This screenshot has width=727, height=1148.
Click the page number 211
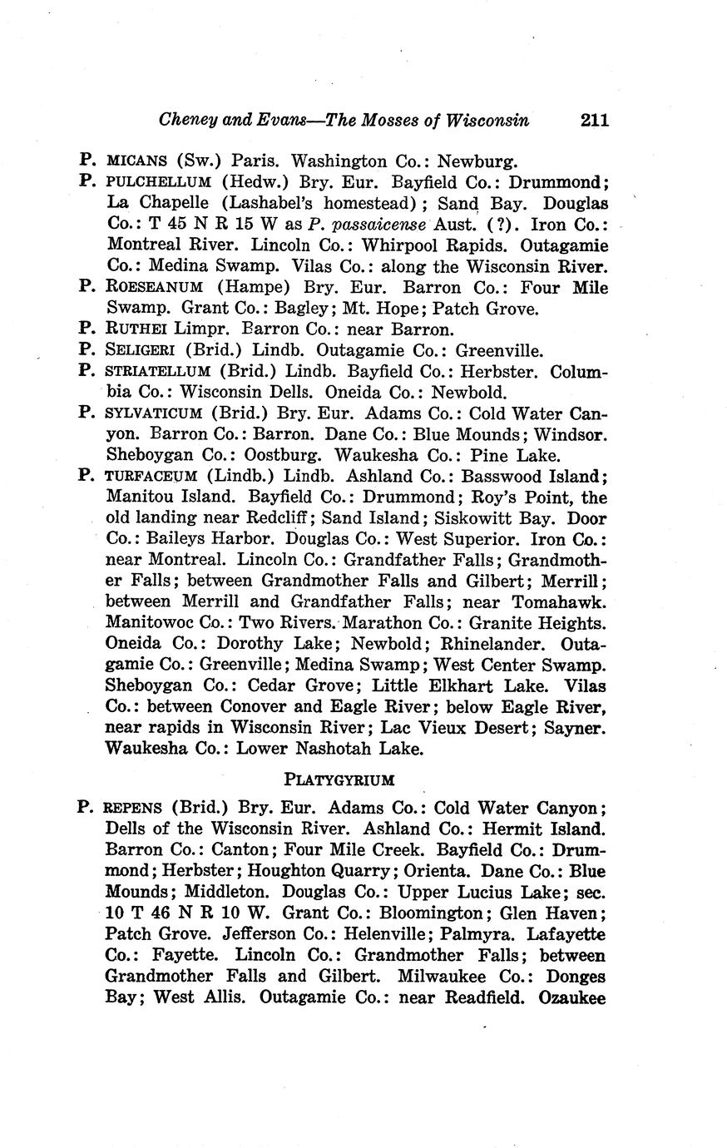tap(595, 120)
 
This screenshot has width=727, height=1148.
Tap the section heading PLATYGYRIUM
tap(339, 779)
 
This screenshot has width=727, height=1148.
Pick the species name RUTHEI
tap(137, 329)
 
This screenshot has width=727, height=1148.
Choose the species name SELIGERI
tap(142, 350)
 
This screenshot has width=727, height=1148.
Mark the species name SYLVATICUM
tap(156, 413)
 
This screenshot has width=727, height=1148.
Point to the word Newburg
tap(478, 161)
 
